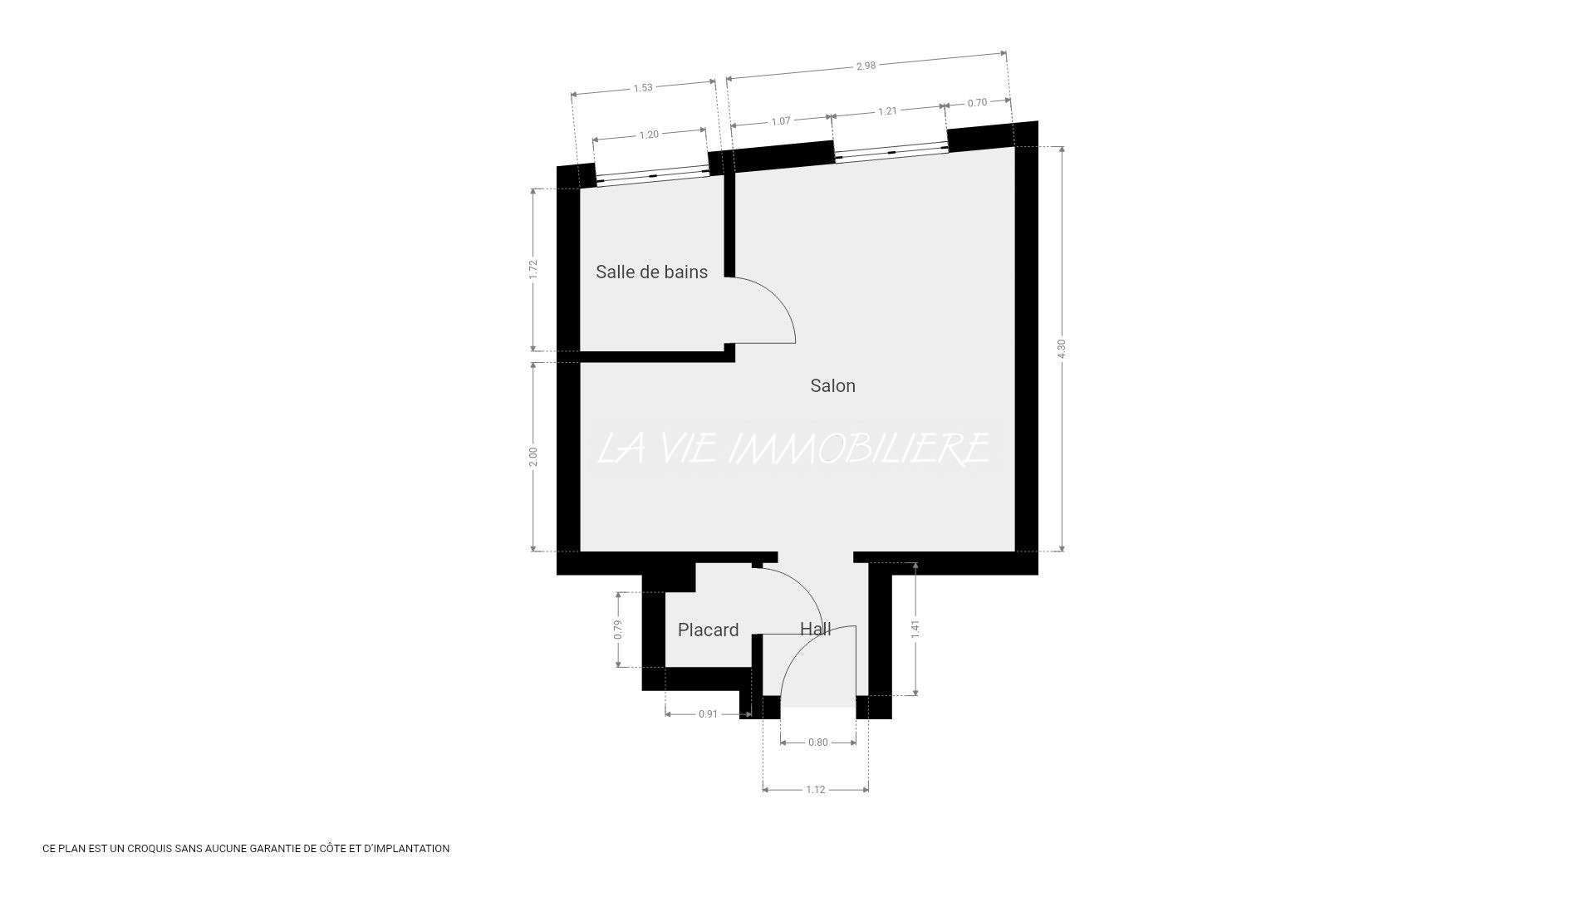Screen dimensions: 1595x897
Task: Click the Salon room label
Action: (x=832, y=385)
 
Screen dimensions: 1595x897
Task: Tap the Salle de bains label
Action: (x=651, y=272)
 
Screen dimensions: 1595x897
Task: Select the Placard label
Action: (x=708, y=630)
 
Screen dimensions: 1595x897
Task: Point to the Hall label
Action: (x=815, y=629)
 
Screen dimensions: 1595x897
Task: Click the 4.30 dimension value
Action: (x=1061, y=349)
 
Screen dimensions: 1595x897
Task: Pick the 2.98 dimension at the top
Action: (x=866, y=66)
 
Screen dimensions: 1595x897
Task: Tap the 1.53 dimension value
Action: (x=643, y=87)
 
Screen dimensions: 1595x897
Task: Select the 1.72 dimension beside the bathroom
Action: (x=533, y=269)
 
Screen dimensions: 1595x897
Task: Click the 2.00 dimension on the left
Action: (x=533, y=457)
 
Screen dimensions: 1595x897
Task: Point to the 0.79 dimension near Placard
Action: (x=618, y=630)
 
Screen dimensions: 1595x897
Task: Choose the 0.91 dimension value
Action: (x=708, y=713)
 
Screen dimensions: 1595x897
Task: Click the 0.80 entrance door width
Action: (x=818, y=743)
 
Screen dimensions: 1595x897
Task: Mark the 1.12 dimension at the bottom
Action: (x=816, y=789)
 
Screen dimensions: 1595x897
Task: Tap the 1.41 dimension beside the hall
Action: (x=915, y=629)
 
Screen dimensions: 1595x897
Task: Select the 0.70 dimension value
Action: (x=978, y=103)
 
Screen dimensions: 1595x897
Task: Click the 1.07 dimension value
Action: (x=781, y=121)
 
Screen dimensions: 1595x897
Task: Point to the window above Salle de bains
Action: (x=652, y=176)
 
